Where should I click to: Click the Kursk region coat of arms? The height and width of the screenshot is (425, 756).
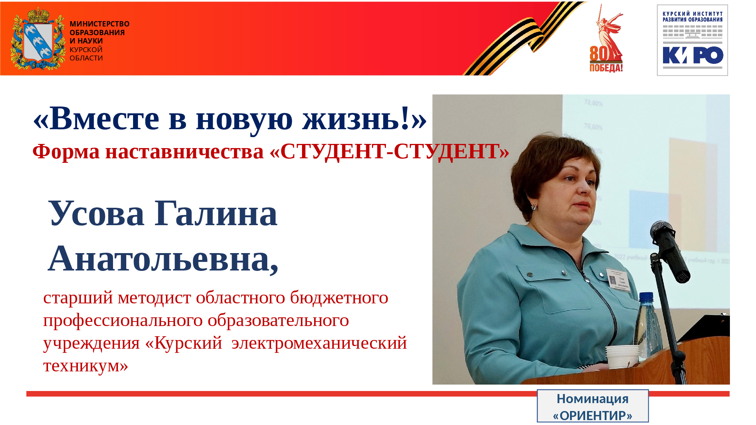tap(37, 39)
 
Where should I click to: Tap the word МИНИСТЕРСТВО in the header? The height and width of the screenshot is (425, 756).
tap(99, 24)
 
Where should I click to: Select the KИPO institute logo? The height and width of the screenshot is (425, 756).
tap(692, 40)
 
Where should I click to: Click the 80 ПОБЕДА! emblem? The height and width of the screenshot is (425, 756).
tap(606, 38)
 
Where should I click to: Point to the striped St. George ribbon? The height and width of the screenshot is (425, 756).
tap(525, 38)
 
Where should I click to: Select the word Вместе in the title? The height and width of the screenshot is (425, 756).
tap(104, 119)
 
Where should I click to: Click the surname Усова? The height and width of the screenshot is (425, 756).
tap(97, 213)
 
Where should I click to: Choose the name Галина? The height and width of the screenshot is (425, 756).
tap(216, 213)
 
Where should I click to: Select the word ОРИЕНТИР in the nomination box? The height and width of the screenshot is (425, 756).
tap(592, 416)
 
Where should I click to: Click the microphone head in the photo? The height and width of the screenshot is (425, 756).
tap(661, 229)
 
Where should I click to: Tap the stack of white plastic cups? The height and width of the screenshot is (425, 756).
tap(622, 356)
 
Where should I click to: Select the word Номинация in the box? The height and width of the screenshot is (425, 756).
tap(592, 399)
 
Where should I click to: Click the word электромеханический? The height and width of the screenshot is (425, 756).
tap(319, 343)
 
